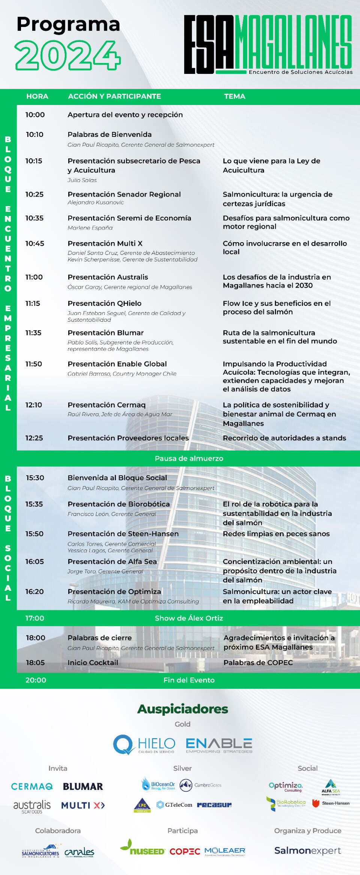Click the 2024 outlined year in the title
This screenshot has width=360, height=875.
[68, 55]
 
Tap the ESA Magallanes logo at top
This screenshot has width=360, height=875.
[268, 45]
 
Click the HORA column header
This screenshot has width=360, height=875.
[37, 96]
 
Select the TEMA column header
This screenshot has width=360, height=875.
[235, 96]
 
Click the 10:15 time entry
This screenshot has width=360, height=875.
[34, 161]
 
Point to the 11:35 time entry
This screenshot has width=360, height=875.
[33, 333]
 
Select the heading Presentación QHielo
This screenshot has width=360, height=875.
[105, 303]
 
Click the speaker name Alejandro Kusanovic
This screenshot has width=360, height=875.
[96, 202]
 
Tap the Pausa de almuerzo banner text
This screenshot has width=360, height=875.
[189, 458]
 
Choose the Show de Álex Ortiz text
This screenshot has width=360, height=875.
[189, 618]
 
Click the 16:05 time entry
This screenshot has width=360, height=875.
[34, 562]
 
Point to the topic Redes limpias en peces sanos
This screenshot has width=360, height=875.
[276, 534]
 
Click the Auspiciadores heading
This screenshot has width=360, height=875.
[183, 709]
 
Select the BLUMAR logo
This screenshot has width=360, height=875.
[83, 787]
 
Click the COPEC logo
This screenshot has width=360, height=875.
[184, 852]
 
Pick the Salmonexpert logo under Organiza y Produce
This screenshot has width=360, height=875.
[307, 851]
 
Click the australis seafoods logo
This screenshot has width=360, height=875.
[32, 806]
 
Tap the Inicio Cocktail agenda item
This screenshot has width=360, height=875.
[93, 663]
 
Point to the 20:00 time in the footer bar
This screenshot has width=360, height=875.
[36, 680]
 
